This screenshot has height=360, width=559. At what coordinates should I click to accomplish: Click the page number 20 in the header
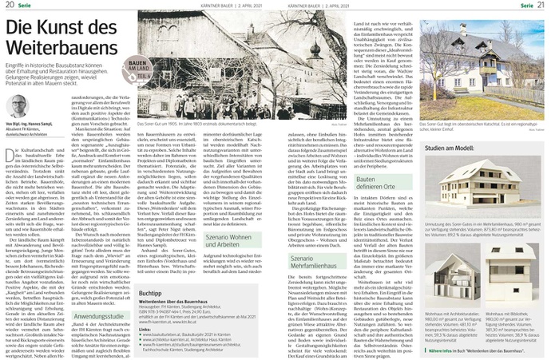6,6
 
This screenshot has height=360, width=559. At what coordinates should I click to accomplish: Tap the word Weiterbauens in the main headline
54,52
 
